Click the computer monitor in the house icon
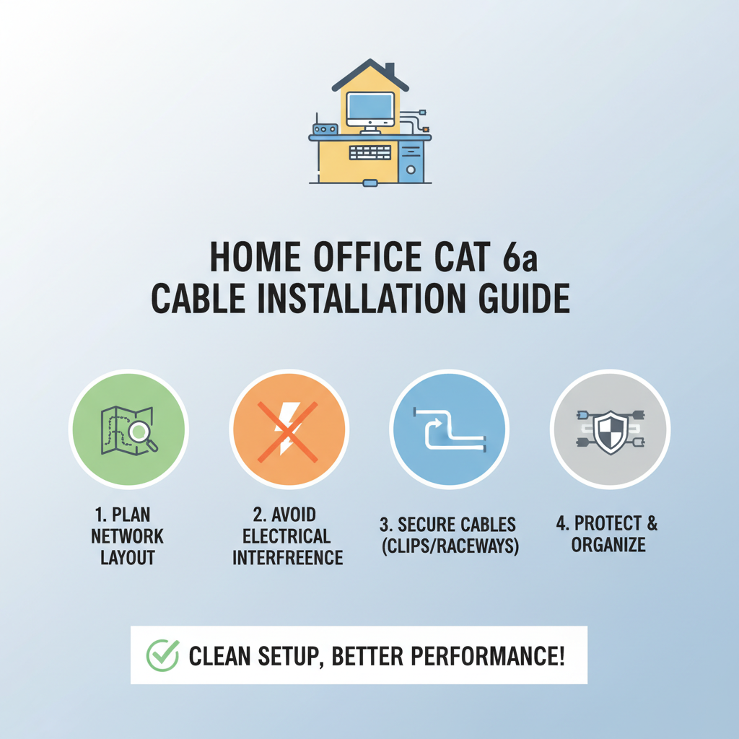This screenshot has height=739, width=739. (369, 109)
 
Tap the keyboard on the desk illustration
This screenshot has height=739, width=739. (369, 152)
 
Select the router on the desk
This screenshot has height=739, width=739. (325, 128)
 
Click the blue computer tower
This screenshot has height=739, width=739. (411, 160)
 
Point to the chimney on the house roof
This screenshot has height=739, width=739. (390, 70)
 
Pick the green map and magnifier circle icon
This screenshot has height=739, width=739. (128, 429)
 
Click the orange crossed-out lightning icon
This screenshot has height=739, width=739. (289, 429)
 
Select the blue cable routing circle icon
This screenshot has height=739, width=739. (449, 429)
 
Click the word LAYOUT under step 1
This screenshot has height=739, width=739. (127, 558)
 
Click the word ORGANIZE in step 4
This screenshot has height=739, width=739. (608, 544)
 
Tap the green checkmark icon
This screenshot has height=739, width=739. (163, 655)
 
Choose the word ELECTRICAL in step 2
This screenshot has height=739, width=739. (287, 536)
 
